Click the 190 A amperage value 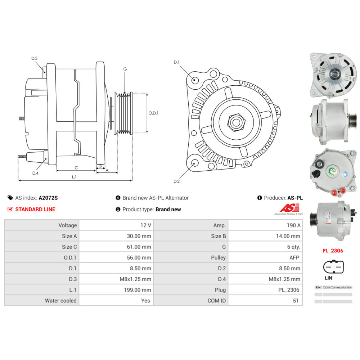[x=293, y=225]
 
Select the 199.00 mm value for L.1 [x=137, y=290]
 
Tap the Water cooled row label [x=60, y=301]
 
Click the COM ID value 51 [x=296, y=301]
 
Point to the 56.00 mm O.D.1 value [x=139, y=258]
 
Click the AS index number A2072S [x=48, y=198]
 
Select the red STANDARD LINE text [x=35, y=210]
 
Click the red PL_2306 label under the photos [x=333, y=251]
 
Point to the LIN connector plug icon [x=333, y=267]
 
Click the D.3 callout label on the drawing [x=35, y=58]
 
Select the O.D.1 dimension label [x=153, y=113]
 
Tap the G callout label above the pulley [x=125, y=69]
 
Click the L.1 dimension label [x=74, y=177]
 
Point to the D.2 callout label [x=176, y=181]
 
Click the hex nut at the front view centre [x=236, y=122]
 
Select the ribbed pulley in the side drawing [x=123, y=113]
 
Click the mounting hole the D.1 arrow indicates [x=195, y=80]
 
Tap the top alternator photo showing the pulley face [x=333, y=75]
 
